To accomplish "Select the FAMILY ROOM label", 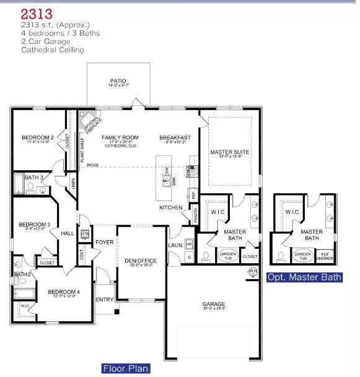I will (120, 137).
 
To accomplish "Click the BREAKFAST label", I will (175, 137).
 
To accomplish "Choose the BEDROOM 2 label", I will (38, 137).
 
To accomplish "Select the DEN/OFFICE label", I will (141, 261).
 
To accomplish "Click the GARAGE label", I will (214, 304).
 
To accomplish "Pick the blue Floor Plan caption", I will (126, 369).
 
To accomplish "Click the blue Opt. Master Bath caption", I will (304, 277).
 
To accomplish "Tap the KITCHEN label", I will (171, 207).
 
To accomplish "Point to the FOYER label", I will (105, 242).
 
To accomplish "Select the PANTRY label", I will (196, 215).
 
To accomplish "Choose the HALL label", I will (67, 233).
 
